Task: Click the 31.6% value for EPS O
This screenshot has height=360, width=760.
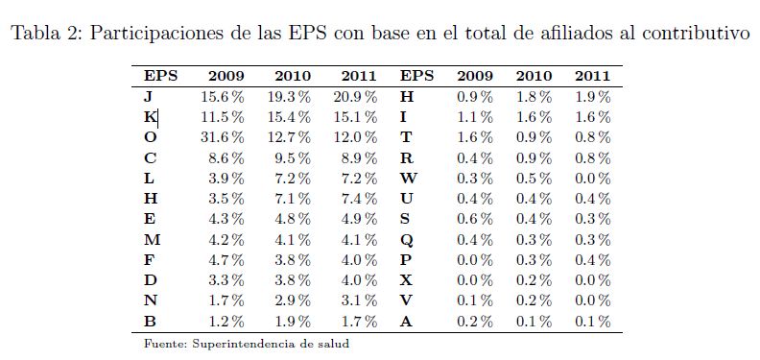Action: (223, 138)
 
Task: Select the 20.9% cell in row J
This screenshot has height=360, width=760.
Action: (355, 97)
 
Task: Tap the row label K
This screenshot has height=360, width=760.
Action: (150, 117)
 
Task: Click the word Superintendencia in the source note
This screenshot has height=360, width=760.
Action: (252, 344)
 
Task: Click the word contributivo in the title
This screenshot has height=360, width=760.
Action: (696, 33)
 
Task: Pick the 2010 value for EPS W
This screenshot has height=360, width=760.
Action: (534, 179)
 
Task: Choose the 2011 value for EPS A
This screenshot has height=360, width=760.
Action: (593, 322)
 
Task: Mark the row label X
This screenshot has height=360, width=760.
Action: (406, 280)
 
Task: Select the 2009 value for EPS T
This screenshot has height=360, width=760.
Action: (475, 138)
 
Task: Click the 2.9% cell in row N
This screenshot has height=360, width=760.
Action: (289, 300)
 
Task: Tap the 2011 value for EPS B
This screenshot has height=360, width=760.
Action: (355, 322)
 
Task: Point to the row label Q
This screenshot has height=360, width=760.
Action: (407, 240)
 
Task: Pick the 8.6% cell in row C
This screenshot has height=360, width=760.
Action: (226, 158)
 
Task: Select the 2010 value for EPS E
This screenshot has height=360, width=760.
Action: (289, 219)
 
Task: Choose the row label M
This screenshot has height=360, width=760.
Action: (153, 240)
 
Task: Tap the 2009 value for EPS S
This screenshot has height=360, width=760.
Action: (475, 219)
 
